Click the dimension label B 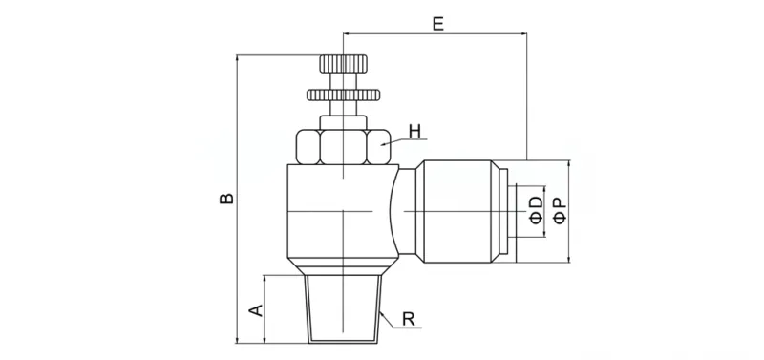226,199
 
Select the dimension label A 254,309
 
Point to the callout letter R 408,320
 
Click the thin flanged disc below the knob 343,95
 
